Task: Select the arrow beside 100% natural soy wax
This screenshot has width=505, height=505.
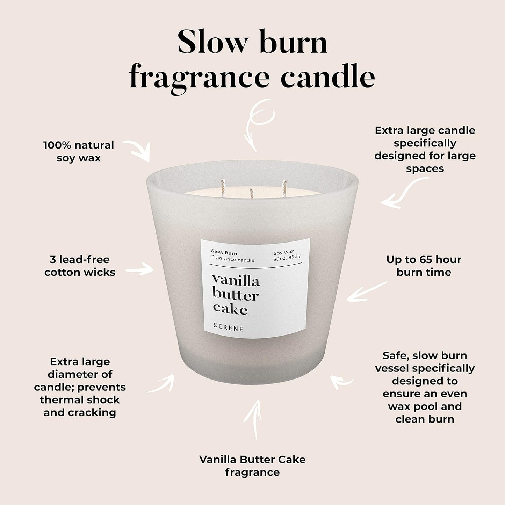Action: point(138,150)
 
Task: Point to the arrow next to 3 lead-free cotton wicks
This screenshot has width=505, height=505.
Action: point(140,270)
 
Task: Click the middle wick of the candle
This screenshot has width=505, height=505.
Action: point(251,193)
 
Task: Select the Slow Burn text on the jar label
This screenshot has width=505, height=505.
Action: point(224,252)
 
